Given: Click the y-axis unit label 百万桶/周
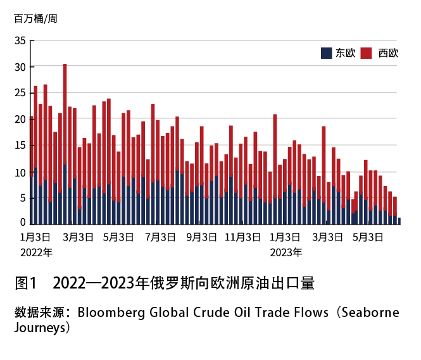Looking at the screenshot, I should point(35,18).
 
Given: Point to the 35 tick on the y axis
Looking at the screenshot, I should point(20,41).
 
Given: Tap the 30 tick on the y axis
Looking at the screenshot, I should point(20,67).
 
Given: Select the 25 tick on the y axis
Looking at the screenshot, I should point(20,93).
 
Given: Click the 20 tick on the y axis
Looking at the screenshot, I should point(20,119).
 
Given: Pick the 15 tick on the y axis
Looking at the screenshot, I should point(20,146).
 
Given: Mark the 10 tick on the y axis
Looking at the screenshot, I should point(20,171).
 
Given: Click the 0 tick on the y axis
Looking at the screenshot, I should point(23,222).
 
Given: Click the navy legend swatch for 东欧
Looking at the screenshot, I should point(327,53).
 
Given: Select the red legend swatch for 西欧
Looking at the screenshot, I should point(366,53).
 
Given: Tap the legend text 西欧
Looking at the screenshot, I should point(388,53).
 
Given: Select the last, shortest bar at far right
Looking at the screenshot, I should point(399,221).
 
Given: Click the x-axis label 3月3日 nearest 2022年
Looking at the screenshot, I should point(79,238).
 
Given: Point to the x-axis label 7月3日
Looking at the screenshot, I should point(160,238).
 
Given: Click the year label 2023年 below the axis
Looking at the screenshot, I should point(286,252).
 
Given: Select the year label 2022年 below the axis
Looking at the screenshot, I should point(35,252).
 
